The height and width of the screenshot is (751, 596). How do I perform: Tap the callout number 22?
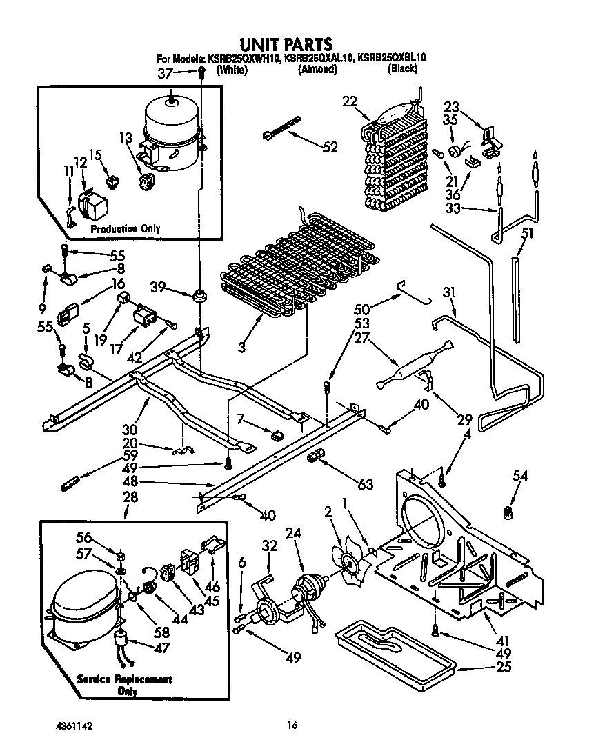[351, 101]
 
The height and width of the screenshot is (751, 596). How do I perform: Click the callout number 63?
[366, 485]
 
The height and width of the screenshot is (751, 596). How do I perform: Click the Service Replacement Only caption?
[125, 685]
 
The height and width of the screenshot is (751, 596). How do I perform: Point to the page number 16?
[292, 725]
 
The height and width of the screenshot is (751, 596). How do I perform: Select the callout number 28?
[129, 497]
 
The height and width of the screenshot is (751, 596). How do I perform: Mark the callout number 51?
[527, 234]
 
